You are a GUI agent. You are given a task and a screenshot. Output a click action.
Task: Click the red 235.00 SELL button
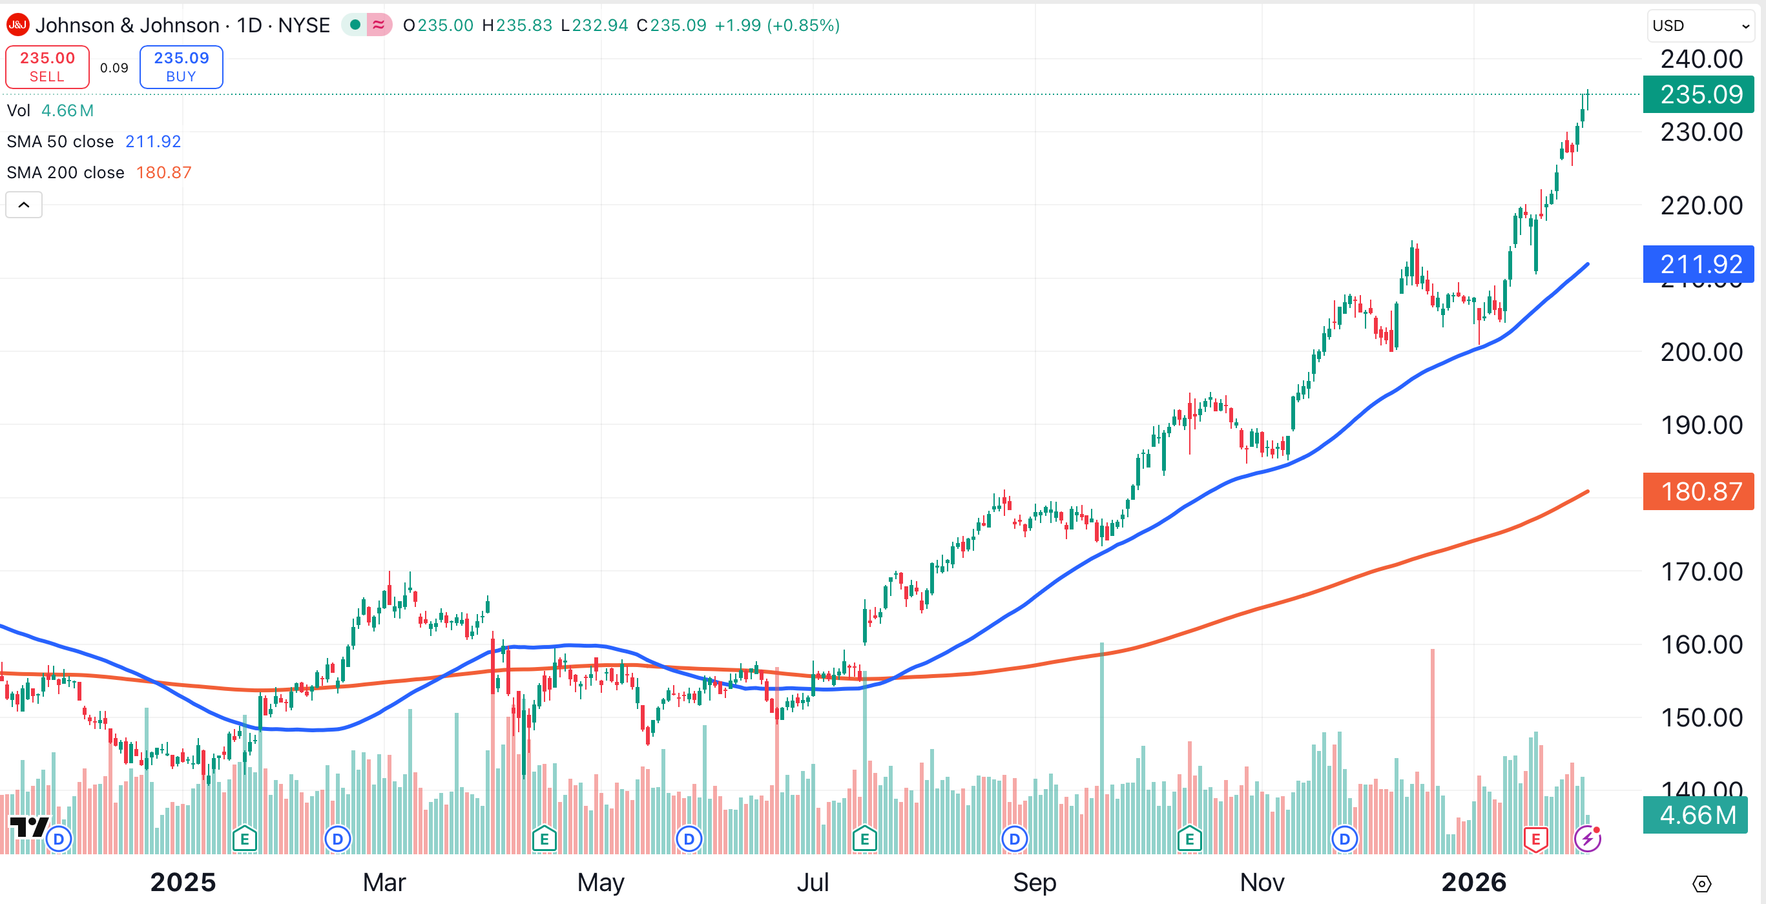(47, 67)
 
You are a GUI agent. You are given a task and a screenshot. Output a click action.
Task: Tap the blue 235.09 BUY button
(181, 67)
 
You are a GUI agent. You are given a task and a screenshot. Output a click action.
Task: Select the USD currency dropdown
(1699, 26)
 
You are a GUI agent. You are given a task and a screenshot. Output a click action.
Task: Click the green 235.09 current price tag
(1699, 94)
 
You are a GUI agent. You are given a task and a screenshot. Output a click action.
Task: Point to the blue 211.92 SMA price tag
(1699, 264)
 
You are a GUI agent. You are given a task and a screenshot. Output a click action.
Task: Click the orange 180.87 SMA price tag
(1699, 491)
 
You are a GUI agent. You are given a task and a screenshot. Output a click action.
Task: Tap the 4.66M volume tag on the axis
(1696, 815)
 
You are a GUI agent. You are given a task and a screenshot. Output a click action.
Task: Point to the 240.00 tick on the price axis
(1700, 59)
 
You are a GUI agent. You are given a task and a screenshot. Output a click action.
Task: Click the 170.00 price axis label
(1700, 571)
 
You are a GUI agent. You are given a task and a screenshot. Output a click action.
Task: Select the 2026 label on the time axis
(1473, 882)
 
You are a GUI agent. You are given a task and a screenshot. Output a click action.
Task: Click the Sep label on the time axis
(1035, 882)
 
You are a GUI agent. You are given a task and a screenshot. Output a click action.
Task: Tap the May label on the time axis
(601, 882)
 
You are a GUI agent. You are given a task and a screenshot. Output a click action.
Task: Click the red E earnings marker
(1535, 839)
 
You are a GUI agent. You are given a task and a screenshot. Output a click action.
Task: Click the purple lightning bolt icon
(1587, 838)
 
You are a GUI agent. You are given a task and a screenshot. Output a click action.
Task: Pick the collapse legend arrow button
(24, 205)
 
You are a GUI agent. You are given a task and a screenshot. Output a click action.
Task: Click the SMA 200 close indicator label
(66, 172)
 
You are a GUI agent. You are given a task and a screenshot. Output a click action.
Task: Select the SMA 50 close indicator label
(60, 142)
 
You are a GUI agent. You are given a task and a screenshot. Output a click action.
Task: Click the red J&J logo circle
(17, 25)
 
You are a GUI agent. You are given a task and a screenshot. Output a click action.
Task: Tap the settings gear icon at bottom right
(1701, 884)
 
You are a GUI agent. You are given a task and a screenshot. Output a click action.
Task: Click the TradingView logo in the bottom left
(28, 827)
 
